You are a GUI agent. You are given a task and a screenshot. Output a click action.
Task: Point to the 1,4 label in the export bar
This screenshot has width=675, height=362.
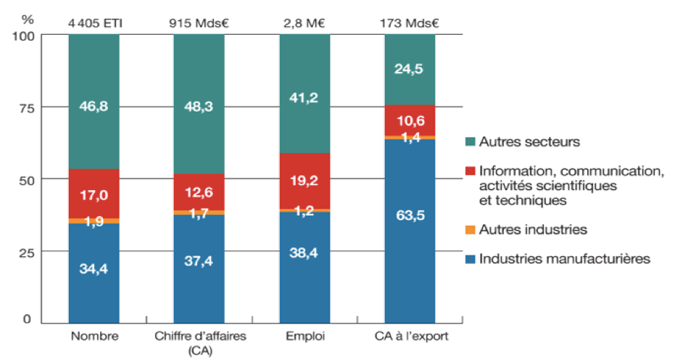tap(410, 136)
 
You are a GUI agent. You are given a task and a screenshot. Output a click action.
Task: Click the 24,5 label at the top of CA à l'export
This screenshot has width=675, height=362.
tap(410, 70)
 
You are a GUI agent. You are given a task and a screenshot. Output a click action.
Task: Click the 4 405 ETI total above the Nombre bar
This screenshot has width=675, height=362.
tap(95, 22)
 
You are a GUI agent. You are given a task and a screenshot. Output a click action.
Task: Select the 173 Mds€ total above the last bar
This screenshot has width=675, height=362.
tap(410, 22)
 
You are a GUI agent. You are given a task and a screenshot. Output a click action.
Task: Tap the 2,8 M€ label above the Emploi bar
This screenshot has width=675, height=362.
tap(305, 22)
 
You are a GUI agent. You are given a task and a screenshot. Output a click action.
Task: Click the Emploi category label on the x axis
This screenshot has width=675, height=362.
tap(305, 337)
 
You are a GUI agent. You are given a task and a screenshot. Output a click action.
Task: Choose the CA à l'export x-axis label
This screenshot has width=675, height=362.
tap(410, 337)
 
